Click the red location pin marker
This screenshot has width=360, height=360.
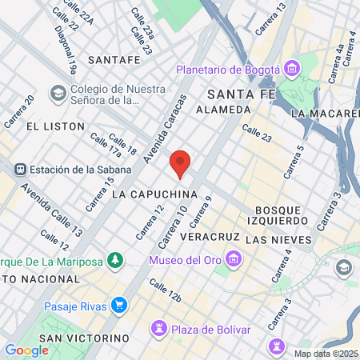click(x=181, y=163)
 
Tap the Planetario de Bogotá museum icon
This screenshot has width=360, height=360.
click(x=290, y=70)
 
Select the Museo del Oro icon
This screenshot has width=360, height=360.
click(x=234, y=259)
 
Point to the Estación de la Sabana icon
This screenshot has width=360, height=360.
click(x=18, y=169)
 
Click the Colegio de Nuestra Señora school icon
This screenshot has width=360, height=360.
click(x=58, y=94)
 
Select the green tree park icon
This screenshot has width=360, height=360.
click(x=117, y=260)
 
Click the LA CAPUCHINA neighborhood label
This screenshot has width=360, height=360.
click(x=154, y=194)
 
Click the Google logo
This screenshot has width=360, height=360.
click(x=26, y=350)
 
